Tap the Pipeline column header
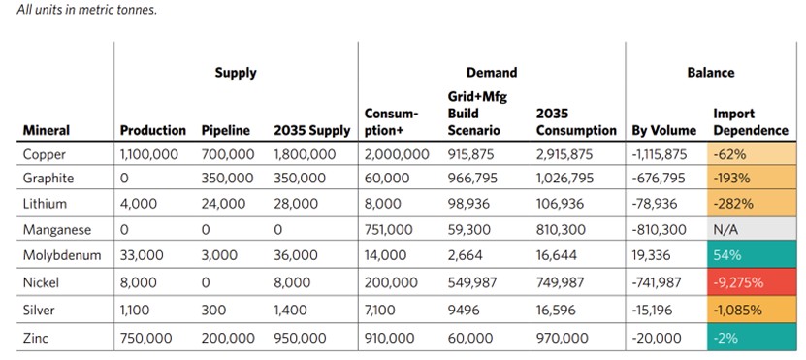(x=227, y=130)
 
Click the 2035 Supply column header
(x=311, y=130)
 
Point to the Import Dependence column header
(x=739, y=121)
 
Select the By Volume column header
(x=664, y=130)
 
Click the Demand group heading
(x=492, y=72)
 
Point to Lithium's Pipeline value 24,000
(x=227, y=205)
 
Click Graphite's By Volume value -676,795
(x=659, y=180)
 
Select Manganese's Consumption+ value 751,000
(x=389, y=230)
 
